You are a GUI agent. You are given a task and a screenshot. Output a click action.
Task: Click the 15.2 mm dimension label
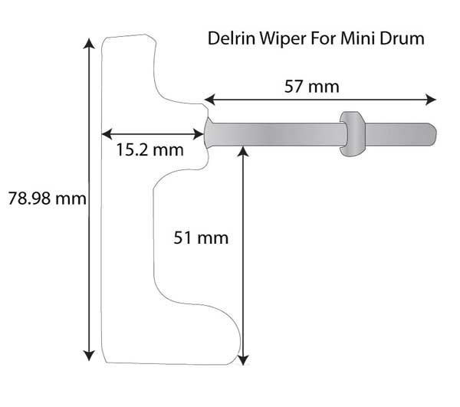tap(149, 149)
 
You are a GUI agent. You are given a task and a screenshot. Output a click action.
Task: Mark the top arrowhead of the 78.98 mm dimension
tap(90, 43)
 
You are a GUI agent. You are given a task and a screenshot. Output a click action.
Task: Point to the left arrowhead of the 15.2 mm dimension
tap(107, 132)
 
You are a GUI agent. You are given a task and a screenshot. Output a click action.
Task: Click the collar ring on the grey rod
tap(352, 135)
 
